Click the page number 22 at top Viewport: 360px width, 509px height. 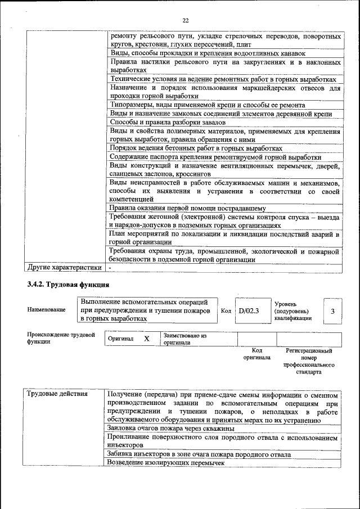(186, 21)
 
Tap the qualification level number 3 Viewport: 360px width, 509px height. (332, 310)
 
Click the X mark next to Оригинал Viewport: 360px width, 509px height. (147, 339)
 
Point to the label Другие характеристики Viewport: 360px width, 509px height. (65, 267)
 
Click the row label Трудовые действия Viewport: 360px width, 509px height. (57, 394)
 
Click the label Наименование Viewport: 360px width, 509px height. (46, 310)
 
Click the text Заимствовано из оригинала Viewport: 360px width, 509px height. (185, 339)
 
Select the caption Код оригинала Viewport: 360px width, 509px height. (256, 354)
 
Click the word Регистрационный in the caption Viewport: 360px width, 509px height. (309, 350)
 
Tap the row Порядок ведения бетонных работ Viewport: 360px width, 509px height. (196, 148)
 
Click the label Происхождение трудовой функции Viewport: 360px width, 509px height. (55, 338)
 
